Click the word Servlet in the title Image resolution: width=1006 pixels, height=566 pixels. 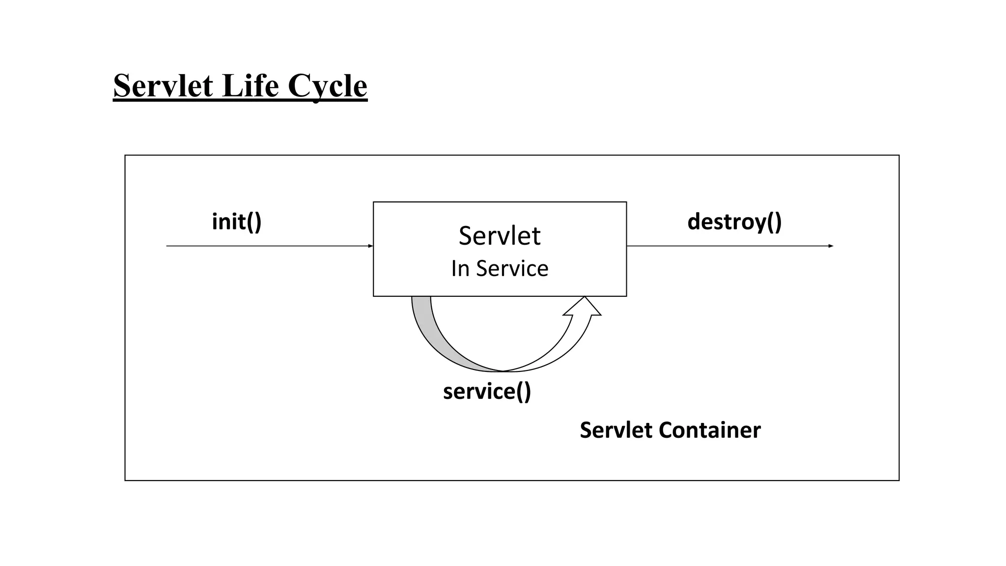163,85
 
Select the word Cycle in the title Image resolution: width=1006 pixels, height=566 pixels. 327,86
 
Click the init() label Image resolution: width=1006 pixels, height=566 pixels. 236,222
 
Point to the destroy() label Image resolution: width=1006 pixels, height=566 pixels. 734,222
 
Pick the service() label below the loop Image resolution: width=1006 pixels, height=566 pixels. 487,392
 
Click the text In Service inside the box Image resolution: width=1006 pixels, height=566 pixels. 499,268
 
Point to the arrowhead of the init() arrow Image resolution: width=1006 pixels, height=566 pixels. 370,246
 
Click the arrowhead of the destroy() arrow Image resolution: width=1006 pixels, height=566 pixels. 831,246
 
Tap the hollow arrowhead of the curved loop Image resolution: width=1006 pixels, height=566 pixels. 583,308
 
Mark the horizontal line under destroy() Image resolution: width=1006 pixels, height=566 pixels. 727,246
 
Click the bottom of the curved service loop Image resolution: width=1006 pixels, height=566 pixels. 502,371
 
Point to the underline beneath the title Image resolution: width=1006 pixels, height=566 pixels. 240,101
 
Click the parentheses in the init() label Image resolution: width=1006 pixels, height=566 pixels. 254,222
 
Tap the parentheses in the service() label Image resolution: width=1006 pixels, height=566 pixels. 523,392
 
